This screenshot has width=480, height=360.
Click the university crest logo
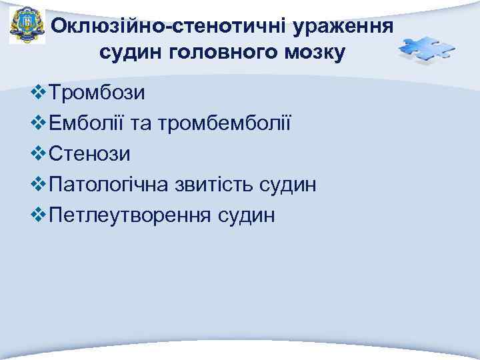click(x=27, y=27)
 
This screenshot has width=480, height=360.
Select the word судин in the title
click(x=131, y=51)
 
